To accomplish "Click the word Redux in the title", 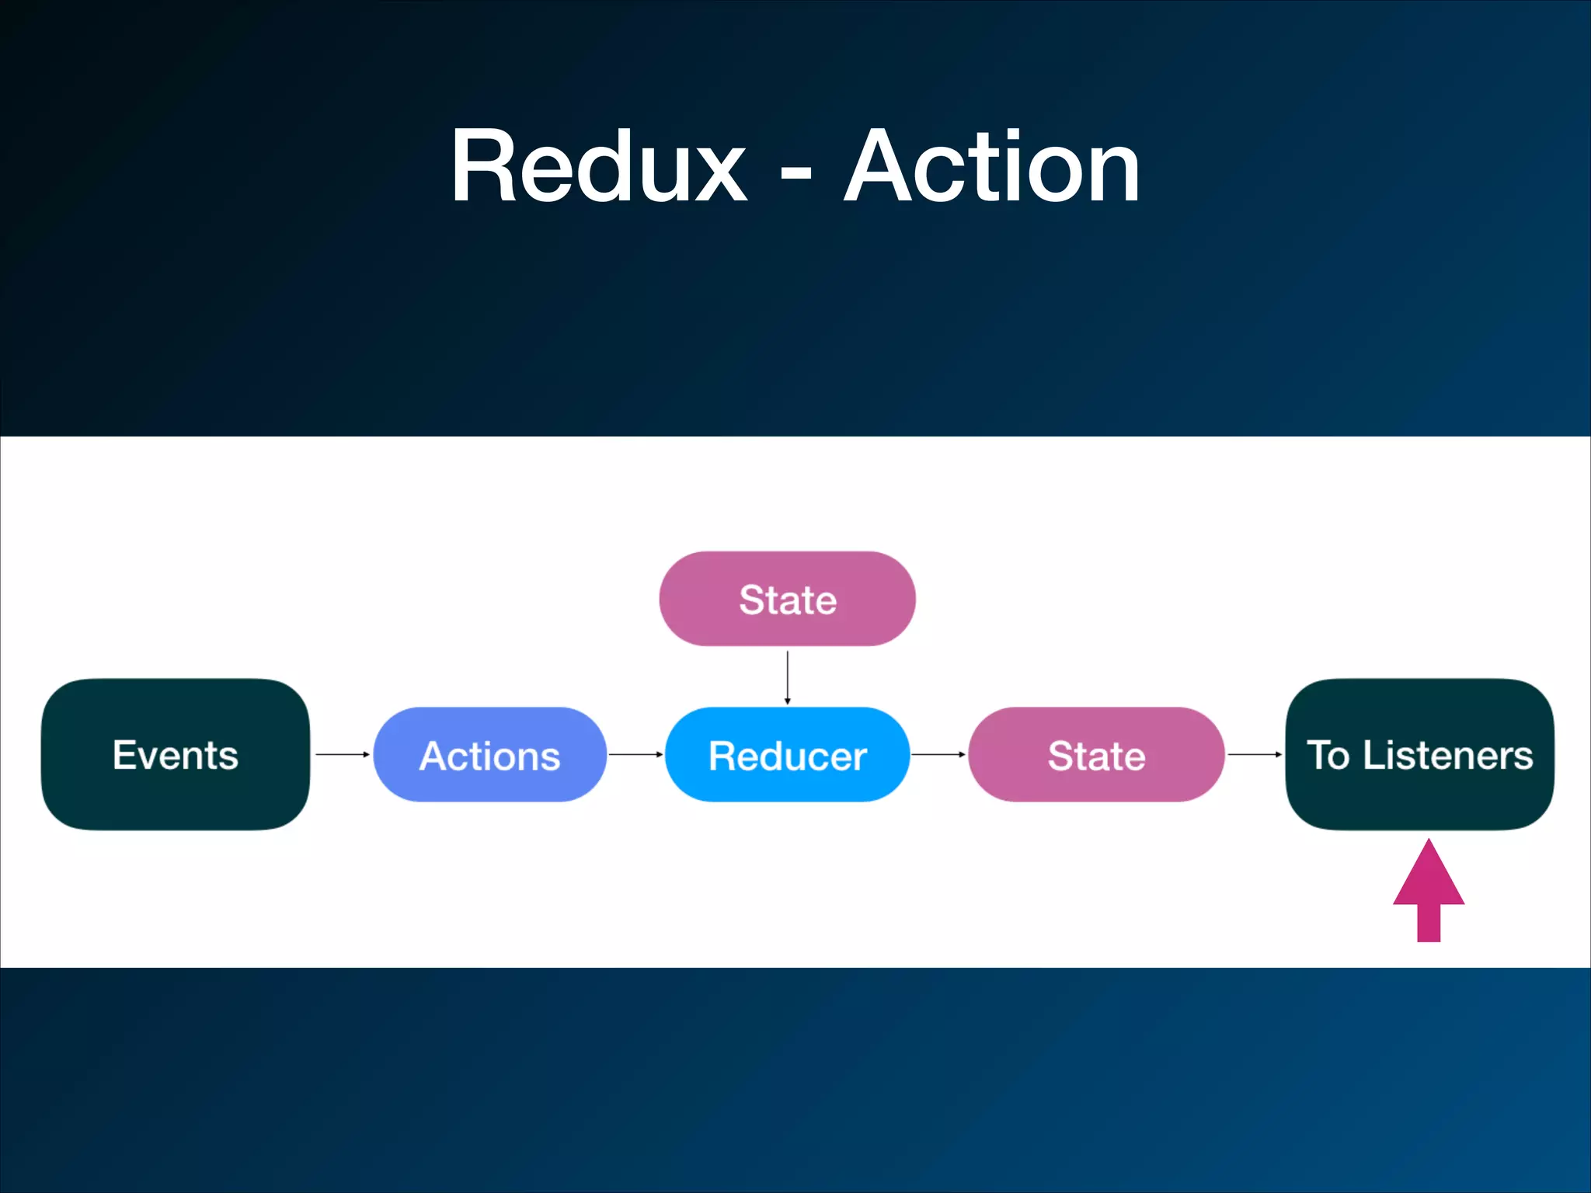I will click(598, 167).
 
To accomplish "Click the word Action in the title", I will click(992, 167).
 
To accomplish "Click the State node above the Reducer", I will click(787, 599).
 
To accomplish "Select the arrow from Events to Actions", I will click(342, 754).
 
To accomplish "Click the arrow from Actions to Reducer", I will click(635, 754).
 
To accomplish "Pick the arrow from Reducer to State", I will click(938, 754).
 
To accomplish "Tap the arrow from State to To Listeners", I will click(1255, 754).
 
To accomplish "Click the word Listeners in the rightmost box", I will click(1448, 755).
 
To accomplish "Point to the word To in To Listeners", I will click(1328, 755).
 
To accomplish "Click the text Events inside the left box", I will click(176, 755).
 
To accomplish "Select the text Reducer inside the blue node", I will click(787, 756).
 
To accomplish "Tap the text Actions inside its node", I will click(489, 756).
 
